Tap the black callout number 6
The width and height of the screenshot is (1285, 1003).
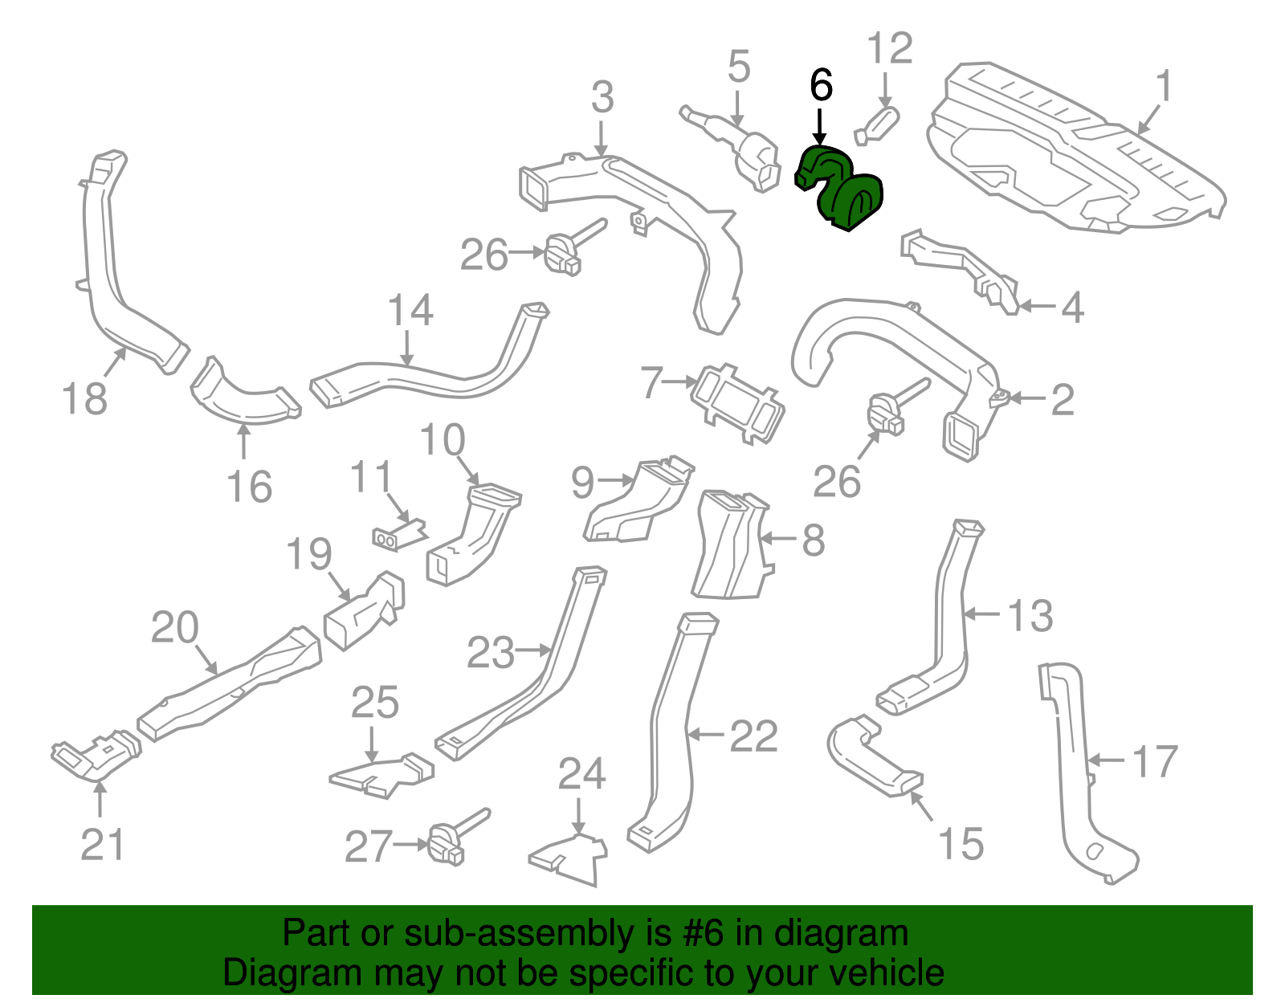tap(821, 84)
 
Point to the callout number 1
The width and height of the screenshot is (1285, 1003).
tap(1163, 86)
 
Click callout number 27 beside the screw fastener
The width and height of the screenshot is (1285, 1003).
tap(369, 846)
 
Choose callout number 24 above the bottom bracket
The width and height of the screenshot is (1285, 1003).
tap(582, 773)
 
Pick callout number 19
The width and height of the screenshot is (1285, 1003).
tap(308, 554)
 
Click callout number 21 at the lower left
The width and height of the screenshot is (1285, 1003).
tap(103, 844)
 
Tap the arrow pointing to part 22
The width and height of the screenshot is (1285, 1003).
tap(707, 735)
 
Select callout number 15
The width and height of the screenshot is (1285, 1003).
tap(961, 844)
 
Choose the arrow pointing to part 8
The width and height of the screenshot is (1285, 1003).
tap(778, 539)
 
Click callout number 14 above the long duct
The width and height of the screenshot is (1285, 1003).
tap(410, 310)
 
